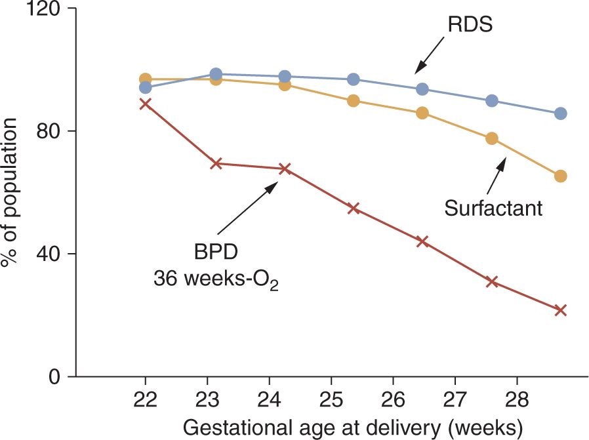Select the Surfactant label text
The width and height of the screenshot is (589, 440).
pyautogui.click(x=493, y=209)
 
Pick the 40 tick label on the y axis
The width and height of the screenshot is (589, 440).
pyautogui.click(x=50, y=254)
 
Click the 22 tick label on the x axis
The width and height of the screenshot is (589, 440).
pyautogui.click(x=146, y=401)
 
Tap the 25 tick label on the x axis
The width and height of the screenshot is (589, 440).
pyautogui.click(x=331, y=401)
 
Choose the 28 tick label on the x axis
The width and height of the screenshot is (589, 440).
pyautogui.click(x=517, y=401)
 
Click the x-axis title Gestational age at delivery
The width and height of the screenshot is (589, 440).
pyautogui.click(x=353, y=427)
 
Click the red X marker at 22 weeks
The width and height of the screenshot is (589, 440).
pyautogui.click(x=146, y=104)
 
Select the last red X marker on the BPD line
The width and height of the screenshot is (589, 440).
pyautogui.click(x=560, y=310)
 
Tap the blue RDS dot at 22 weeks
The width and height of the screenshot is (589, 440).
pyautogui.click(x=146, y=88)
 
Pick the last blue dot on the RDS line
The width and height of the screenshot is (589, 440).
pyautogui.click(x=560, y=113)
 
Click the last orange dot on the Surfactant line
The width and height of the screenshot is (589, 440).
pyautogui.click(x=560, y=176)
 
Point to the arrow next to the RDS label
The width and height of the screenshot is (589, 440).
pyautogui.click(x=429, y=60)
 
